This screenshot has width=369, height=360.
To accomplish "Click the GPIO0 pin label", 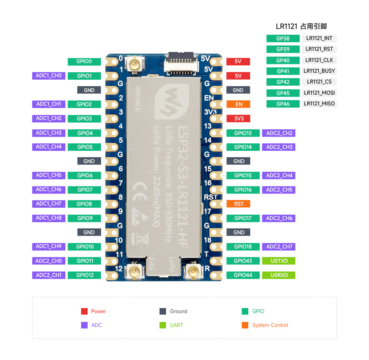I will [x=84, y=62].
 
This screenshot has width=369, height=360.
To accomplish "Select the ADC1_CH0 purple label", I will [x=48, y=76].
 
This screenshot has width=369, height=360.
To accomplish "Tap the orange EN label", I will [x=239, y=104].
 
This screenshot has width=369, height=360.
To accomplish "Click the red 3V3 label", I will [x=239, y=118].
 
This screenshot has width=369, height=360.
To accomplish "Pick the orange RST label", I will [x=239, y=204].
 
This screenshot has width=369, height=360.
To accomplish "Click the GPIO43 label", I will [x=243, y=261].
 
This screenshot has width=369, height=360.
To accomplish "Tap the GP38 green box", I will [x=283, y=38].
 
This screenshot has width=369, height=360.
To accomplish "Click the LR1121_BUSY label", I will [x=319, y=71].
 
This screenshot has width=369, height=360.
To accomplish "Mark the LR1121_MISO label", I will [x=319, y=104].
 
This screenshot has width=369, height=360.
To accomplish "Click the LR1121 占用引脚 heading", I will [x=301, y=27].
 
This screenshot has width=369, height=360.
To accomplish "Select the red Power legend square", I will [x=85, y=312].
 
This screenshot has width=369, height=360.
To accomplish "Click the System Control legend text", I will [x=270, y=325].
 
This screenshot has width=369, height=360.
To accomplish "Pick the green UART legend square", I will [x=163, y=325].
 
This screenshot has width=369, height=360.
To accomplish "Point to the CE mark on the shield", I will [x=138, y=188].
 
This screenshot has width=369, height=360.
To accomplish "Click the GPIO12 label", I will [x=84, y=275].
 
